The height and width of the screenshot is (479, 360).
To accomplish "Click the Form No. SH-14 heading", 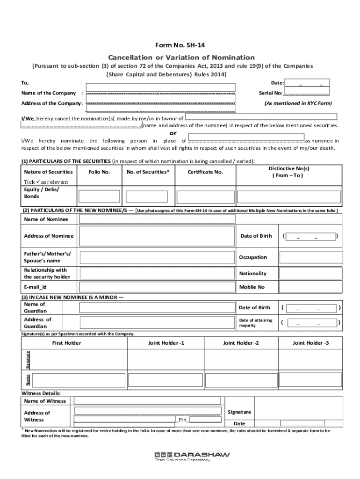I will [x=180, y=45].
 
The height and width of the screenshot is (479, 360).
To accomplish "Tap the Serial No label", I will [x=270, y=93].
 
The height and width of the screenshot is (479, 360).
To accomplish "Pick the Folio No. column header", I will [x=99, y=172].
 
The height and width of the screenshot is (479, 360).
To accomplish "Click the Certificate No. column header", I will [x=205, y=172].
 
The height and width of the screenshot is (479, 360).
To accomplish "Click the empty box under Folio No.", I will [x=99, y=196].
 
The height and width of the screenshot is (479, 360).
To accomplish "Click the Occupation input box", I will [x=310, y=257].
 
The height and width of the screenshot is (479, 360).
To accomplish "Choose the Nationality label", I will [x=252, y=273].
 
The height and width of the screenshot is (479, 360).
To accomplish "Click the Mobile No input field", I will [x=310, y=286].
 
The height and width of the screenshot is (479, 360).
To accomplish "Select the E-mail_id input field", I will [x=157, y=286].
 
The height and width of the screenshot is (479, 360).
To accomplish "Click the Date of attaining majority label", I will [x=255, y=322].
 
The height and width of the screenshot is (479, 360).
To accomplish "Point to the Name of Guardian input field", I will [x=157, y=307].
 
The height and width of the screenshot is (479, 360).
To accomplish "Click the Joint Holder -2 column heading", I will [x=241, y=343].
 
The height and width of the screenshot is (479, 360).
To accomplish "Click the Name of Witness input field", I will [x=147, y=400].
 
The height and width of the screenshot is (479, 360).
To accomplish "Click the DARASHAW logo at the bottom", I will [x=192, y=455].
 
